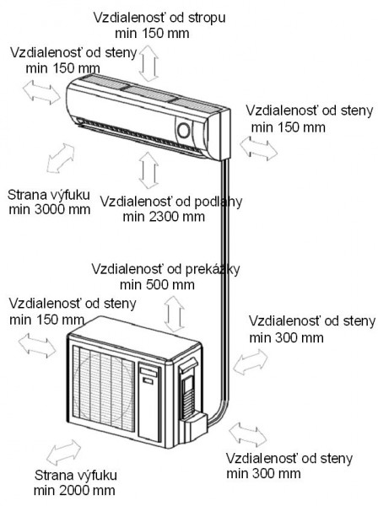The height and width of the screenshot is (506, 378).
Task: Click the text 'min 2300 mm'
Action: (x=164, y=217)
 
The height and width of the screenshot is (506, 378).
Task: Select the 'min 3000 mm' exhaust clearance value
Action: (x=50, y=210)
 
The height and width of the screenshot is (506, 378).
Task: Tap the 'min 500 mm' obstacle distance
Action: (x=157, y=285)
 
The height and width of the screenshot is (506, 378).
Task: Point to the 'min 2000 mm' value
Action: (x=74, y=491)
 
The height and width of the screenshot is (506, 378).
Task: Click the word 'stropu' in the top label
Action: (x=206, y=18)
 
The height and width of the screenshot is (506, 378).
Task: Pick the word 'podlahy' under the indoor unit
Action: (x=219, y=202)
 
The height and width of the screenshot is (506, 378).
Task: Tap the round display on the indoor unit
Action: (x=184, y=131)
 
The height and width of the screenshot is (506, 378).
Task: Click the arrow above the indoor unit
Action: (x=148, y=63)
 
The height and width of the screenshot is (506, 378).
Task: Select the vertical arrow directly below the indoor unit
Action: (x=148, y=170)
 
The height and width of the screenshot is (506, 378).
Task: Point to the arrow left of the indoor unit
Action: (x=41, y=92)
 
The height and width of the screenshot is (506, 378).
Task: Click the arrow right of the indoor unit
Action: (x=258, y=148)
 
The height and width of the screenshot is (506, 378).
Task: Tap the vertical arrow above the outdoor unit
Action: (x=174, y=314)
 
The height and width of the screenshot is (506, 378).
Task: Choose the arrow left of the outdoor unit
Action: (x=37, y=345)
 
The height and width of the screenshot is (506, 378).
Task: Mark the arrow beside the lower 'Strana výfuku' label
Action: (x=63, y=452)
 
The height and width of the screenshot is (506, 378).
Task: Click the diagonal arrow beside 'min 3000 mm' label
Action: (x=61, y=159)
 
